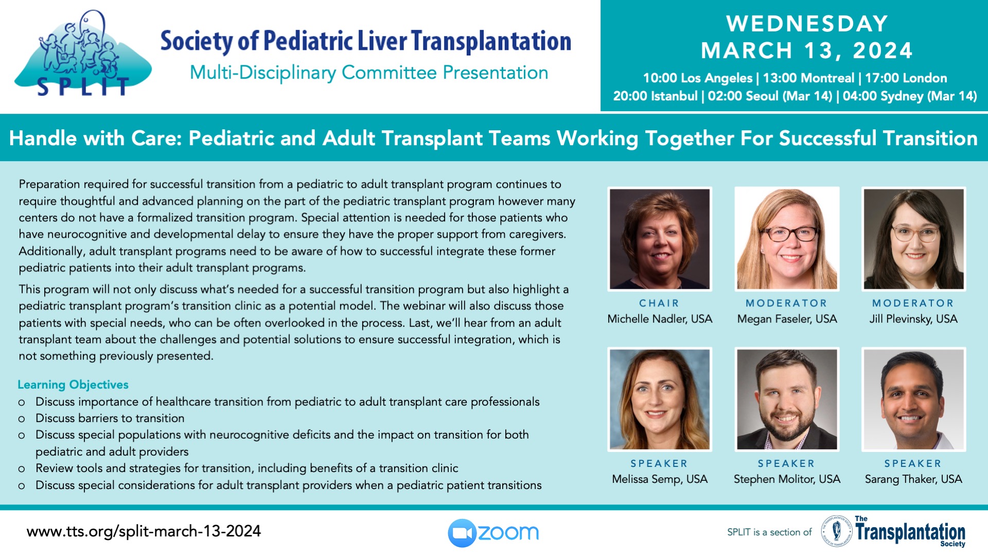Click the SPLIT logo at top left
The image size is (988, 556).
[x=82, y=54]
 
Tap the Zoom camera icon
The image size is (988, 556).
[x=462, y=533]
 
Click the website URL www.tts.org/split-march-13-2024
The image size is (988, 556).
[x=144, y=531]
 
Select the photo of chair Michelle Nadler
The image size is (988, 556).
[x=660, y=239]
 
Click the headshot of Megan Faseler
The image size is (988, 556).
[x=787, y=239]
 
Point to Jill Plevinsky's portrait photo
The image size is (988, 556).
[x=913, y=239]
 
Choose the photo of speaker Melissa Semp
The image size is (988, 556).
[x=660, y=399]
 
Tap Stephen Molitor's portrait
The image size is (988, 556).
[x=787, y=399]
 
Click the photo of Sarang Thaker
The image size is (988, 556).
[x=913, y=399]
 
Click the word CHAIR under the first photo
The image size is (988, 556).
[x=659, y=303]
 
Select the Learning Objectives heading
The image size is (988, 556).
[x=73, y=385]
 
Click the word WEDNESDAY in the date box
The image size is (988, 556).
[x=807, y=24]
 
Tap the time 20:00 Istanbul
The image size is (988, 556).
[x=655, y=96]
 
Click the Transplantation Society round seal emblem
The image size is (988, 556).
[x=837, y=531]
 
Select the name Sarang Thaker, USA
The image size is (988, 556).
[x=913, y=479]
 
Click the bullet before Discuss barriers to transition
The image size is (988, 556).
[x=22, y=419]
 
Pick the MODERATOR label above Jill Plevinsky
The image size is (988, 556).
[x=913, y=303]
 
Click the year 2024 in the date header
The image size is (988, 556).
[x=883, y=50]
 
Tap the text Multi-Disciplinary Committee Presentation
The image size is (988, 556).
[x=369, y=73]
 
